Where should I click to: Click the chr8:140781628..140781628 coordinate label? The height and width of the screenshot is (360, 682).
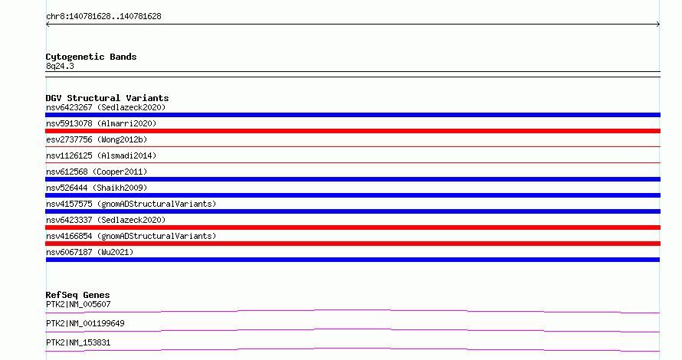103,17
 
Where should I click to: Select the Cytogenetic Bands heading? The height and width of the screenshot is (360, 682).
91,57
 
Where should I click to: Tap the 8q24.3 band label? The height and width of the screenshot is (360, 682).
60,66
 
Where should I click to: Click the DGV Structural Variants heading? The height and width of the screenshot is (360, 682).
107,98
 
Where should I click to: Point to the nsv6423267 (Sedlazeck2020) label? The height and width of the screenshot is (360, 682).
106,107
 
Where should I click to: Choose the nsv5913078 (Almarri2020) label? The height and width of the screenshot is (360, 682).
101,123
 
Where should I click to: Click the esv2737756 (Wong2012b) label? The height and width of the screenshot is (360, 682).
97,139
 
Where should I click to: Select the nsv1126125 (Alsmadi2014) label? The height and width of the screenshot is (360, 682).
101,155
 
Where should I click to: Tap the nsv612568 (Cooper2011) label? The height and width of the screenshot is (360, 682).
97,172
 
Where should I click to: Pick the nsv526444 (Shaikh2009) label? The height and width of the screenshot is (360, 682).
97,188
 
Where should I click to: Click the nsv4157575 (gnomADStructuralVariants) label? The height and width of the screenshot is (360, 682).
131,204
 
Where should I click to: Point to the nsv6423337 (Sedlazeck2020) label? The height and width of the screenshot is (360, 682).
106,220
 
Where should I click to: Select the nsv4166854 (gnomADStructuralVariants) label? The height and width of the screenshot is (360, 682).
131,236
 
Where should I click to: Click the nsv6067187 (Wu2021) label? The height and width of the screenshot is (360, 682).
90,252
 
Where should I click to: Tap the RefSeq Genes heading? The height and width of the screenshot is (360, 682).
77,295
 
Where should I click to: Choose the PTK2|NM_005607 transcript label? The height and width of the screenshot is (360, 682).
78,304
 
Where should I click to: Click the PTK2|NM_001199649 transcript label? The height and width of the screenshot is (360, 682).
85,323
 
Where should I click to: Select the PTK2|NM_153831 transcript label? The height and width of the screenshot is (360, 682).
78,342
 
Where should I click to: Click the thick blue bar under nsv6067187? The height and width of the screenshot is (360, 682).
352,260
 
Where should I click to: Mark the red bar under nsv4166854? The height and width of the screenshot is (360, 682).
352,244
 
